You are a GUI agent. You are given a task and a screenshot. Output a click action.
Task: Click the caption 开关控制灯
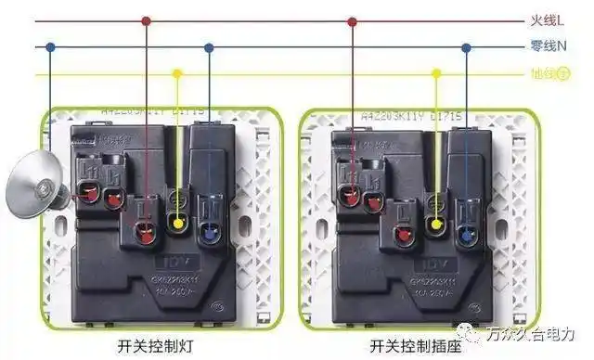point(150,345)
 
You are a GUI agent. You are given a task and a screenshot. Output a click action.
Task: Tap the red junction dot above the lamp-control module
point(147,20)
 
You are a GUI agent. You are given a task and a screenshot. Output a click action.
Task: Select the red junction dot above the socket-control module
point(352,20)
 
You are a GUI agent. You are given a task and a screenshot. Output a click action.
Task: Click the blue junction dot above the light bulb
point(51,46)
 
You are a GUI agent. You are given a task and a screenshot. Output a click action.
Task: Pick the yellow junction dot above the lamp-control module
point(177,74)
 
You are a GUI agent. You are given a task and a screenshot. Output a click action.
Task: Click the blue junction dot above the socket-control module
point(467,46)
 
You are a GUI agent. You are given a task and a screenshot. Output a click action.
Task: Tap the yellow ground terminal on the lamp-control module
point(177,223)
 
